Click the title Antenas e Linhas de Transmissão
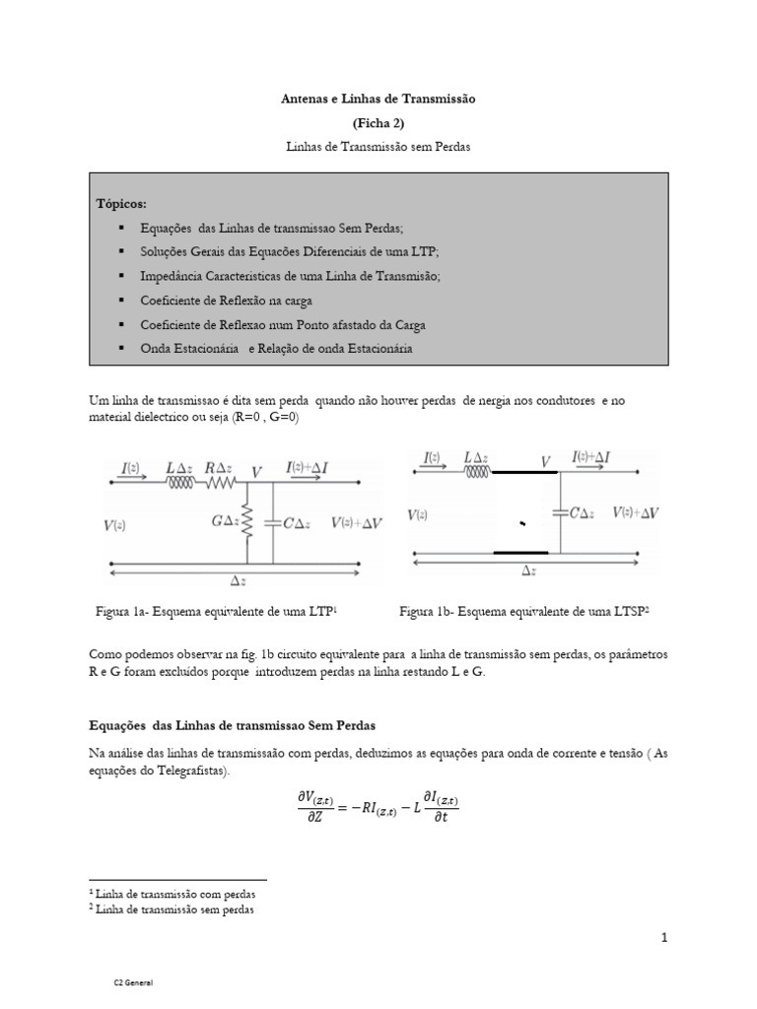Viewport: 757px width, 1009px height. (378, 100)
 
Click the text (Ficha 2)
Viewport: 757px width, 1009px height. (378, 122)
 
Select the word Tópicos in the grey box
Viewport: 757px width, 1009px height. (120, 203)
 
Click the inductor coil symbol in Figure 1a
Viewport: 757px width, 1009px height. (179, 484)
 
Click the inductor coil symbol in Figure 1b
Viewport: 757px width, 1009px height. (478, 473)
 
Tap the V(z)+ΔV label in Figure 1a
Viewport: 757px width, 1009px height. (357, 523)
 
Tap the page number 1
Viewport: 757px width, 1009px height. (665, 938)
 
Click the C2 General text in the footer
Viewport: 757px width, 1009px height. (132, 983)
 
